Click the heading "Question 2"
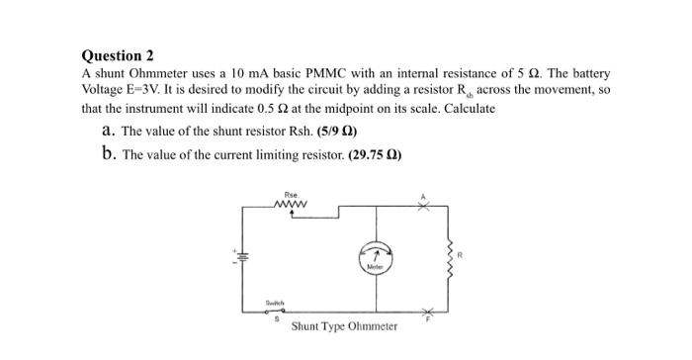[x=118, y=55]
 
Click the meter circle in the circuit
[x=375, y=256]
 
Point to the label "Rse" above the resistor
[x=290, y=196]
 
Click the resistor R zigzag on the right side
[x=452, y=255]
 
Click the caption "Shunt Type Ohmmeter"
[x=344, y=325]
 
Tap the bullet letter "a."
[x=109, y=132]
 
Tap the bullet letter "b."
[x=109, y=155]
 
